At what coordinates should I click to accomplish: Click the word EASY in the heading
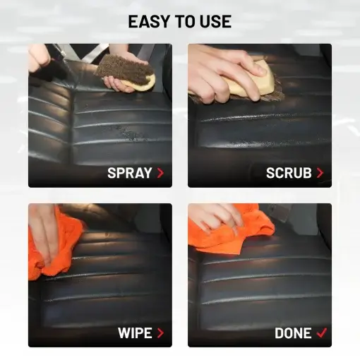pos(149,21)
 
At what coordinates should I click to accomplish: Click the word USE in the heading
pos(215,21)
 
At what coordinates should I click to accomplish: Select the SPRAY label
pos(130,173)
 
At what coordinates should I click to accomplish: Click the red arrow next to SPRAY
pos(160,173)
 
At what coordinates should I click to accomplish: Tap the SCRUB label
pos(289,173)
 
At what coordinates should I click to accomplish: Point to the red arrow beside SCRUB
pos(320,173)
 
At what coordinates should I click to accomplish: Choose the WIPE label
pos(135,333)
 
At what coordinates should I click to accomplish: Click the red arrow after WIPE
pos(160,333)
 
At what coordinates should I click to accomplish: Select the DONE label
pos(293,333)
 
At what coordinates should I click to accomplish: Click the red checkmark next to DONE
pos(322,332)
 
